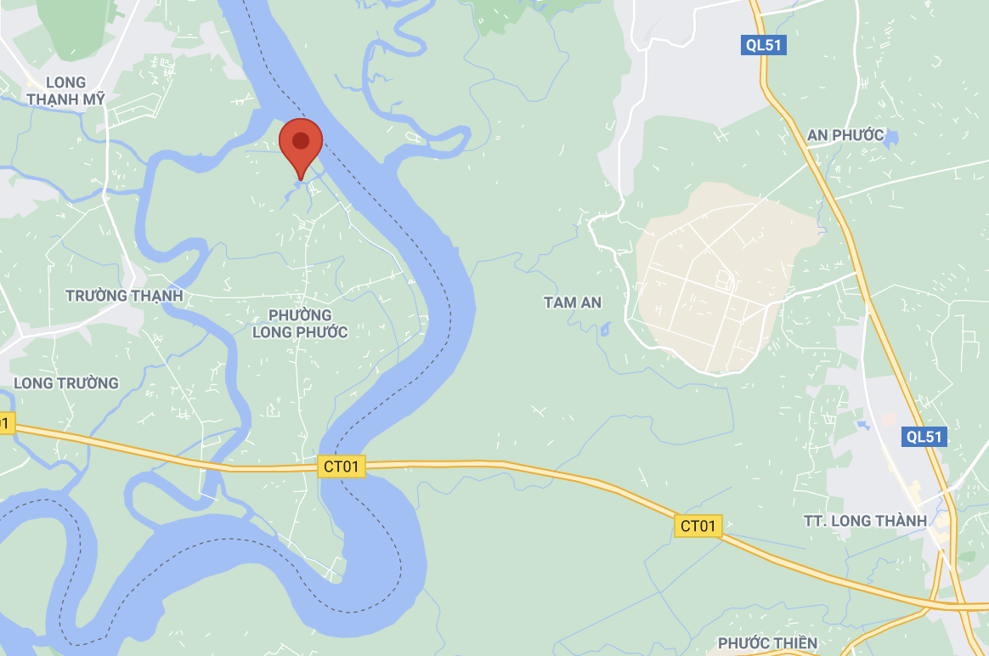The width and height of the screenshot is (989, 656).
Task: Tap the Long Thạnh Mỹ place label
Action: (x=65, y=91)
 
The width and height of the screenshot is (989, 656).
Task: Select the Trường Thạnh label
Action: (x=124, y=296)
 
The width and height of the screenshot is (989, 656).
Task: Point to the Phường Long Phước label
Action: (x=300, y=324)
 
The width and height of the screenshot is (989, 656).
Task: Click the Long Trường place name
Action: (x=66, y=383)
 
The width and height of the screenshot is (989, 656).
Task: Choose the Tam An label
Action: (x=573, y=303)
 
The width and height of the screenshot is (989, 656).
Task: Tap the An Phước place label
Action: (x=845, y=135)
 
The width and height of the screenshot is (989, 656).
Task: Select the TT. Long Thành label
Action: (x=865, y=521)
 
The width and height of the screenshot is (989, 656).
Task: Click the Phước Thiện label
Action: (x=767, y=643)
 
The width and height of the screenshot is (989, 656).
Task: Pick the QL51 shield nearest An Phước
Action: (x=762, y=46)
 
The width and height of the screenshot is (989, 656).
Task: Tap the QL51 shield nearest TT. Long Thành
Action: (x=924, y=437)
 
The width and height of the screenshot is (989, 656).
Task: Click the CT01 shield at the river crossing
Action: (x=342, y=467)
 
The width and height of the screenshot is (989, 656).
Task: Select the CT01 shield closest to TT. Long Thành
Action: (x=698, y=526)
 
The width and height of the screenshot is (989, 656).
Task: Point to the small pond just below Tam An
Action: (x=604, y=329)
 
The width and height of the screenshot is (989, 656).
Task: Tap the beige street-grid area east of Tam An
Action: (x=714, y=280)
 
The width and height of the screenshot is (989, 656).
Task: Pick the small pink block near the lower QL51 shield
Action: (x=889, y=419)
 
